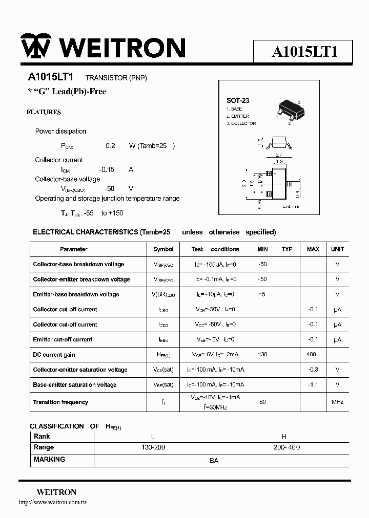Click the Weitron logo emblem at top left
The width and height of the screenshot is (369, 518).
pyautogui.click(x=35, y=48)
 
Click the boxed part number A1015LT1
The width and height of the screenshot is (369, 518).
pyautogui.click(x=304, y=51)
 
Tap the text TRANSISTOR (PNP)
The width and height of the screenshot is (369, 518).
pyautogui.click(x=116, y=78)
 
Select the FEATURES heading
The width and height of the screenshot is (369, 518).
pyautogui.click(x=44, y=112)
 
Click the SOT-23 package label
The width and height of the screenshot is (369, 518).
pyautogui.click(x=237, y=100)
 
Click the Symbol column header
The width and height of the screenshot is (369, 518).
pyautogui.click(x=163, y=249)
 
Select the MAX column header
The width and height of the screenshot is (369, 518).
pyautogui.click(x=313, y=249)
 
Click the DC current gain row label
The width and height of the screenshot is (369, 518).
pyautogui.click(x=54, y=355)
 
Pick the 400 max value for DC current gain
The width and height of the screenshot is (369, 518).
pyautogui.click(x=311, y=355)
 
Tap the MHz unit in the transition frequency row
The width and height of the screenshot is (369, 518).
pyautogui.click(x=337, y=402)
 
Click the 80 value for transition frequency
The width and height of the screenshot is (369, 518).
pyautogui.click(x=262, y=402)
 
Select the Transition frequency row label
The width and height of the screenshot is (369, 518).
pyautogui.click(x=60, y=402)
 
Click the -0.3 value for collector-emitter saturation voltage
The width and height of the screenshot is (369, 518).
pyautogui.click(x=313, y=370)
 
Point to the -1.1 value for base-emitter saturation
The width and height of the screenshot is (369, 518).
pyautogui.click(x=313, y=385)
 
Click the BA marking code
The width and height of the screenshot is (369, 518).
pyautogui.click(x=214, y=461)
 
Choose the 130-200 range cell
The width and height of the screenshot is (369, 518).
pyautogui.click(x=153, y=447)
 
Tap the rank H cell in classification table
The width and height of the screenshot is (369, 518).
pyautogui.click(x=284, y=437)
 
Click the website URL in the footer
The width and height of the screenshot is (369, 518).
pyautogui.click(x=53, y=503)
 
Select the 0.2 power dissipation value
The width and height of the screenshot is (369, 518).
pyautogui.click(x=110, y=146)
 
